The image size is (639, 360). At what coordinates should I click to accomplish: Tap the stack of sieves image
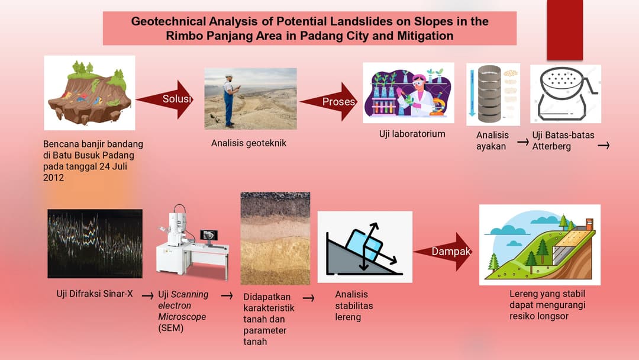(x=489, y=94)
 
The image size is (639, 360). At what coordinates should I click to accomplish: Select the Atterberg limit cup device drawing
(x=564, y=94)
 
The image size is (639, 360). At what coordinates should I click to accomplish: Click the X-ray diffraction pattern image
(x=95, y=243)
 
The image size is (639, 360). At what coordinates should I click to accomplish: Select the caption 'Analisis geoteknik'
(x=248, y=143)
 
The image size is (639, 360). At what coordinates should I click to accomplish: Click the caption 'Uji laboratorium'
(x=412, y=134)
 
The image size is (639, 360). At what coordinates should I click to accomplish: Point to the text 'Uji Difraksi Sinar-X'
(x=95, y=294)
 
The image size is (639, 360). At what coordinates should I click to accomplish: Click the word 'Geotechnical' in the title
(x=168, y=22)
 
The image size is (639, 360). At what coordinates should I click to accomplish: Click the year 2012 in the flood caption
(x=53, y=177)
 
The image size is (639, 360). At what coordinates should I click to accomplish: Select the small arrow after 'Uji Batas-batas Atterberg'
(x=603, y=144)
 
